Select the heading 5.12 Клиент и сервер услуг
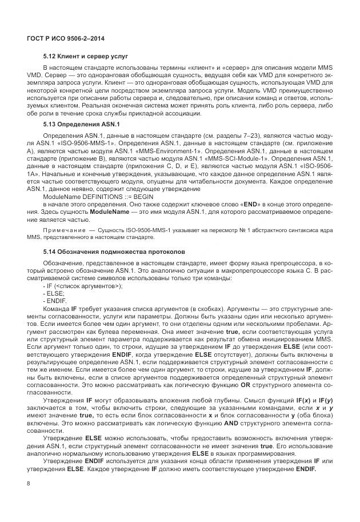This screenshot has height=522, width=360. (x=86, y=58)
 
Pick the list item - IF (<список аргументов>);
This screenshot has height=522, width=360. (x=83, y=285)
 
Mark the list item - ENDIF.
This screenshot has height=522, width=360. (x=55, y=300)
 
